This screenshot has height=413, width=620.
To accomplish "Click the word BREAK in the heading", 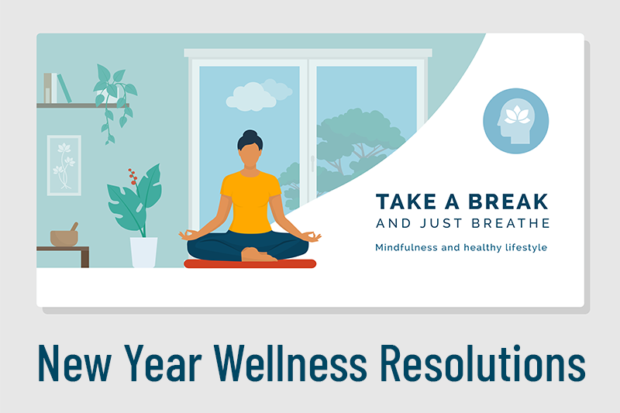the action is [508, 201].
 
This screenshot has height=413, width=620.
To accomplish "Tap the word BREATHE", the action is [511, 223].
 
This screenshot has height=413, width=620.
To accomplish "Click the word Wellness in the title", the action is [291, 363].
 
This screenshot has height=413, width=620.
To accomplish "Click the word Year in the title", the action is [163, 363].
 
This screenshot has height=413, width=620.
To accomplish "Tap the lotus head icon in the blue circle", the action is [515, 122].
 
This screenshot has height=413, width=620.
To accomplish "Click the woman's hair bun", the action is [250, 134].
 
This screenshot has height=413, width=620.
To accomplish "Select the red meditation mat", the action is [250, 263].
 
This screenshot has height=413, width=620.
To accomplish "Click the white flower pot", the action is [144, 252].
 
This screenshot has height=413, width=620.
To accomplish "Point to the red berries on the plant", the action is [133, 176].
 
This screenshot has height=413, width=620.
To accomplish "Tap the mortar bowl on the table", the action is [64, 238].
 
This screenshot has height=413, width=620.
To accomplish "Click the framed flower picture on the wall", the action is [64, 165].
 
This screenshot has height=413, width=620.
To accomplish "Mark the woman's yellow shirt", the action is [250, 201].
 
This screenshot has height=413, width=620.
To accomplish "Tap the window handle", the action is [312, 163].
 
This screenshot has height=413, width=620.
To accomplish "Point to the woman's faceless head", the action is [250, 153].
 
